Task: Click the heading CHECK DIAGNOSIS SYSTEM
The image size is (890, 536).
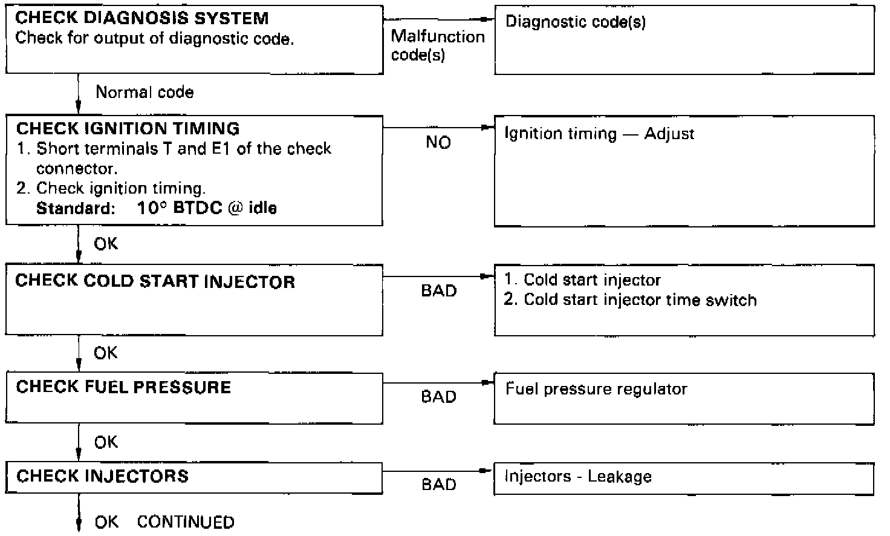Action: pos(142,18)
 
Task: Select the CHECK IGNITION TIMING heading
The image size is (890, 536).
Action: pos(128,128)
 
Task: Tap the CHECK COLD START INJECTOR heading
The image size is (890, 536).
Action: pos(155,281)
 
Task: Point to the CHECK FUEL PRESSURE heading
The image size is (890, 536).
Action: pos(123,387)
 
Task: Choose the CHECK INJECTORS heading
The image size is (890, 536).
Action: pos(102,476)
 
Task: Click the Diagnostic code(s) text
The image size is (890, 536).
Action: pos(576,22)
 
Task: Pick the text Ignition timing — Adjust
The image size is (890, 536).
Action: pos(599,134)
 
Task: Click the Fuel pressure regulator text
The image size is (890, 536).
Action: pos(596,388)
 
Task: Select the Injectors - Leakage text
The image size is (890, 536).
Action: pos(578,477)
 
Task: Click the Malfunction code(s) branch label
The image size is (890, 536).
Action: pos(438,45)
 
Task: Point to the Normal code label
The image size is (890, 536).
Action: pos(145,93)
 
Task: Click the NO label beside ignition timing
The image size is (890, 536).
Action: pos(438,143)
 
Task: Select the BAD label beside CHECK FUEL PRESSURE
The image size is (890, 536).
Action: pos(438,397)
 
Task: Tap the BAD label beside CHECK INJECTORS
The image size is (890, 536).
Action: pos(438,485)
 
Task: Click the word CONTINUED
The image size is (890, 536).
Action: pos(186,522)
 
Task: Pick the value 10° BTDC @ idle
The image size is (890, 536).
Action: pos(206,209)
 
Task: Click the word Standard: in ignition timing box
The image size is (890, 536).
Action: pos(76,209)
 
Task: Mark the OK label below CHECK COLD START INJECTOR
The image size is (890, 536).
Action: pos(106,353)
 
